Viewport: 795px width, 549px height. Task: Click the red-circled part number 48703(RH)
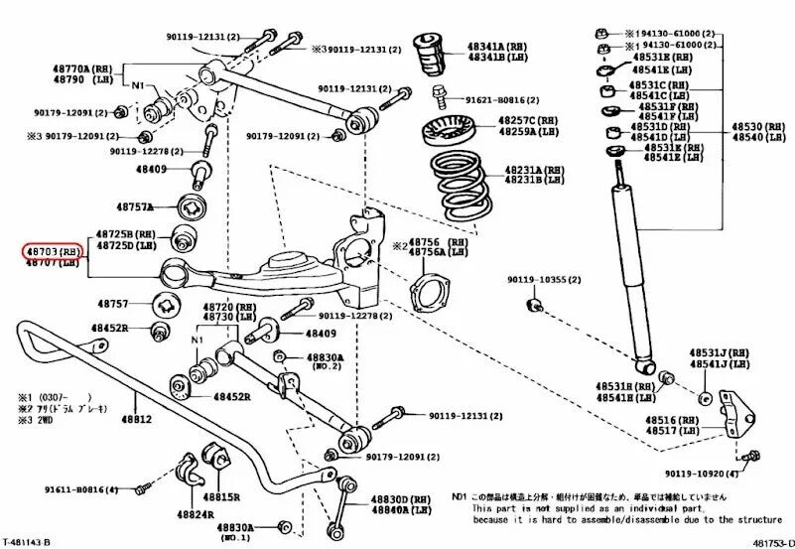tap(54, 252)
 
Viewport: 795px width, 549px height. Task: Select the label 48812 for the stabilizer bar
tap(137, 420)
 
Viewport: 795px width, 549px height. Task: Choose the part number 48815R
tap(221, 495)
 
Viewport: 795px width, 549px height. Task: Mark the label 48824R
tap(195, 514)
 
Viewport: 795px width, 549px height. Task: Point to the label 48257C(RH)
tap(529, 119)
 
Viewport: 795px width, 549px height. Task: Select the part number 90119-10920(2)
tap(705, 474)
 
